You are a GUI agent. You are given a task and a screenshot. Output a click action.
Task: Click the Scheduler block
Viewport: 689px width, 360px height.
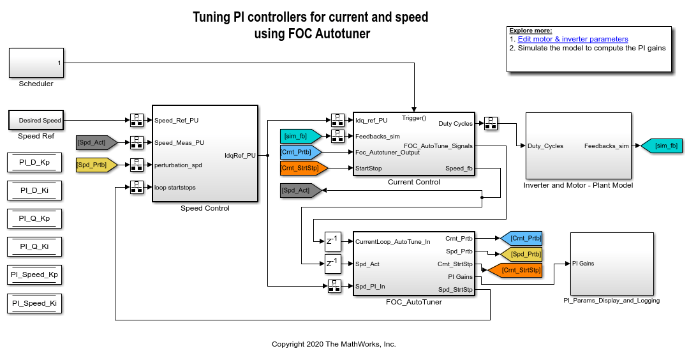point(36,63)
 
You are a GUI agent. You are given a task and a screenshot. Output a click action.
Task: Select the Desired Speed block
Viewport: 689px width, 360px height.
point(36,120)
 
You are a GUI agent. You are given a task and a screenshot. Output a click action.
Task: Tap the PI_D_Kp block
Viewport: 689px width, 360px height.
point(34,163)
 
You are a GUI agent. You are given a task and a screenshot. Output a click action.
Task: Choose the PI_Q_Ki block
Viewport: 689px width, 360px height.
point(34,246)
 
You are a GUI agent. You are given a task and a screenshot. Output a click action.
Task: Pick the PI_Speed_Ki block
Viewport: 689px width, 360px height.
point(34,303)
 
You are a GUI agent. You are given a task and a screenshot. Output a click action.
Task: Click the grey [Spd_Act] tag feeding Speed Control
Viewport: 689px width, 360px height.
point(95,142)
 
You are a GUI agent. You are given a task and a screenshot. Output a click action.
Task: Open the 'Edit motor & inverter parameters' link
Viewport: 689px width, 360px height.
point(573,39)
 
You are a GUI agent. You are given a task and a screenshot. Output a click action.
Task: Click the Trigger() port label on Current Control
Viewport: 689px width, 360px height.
point(414,118)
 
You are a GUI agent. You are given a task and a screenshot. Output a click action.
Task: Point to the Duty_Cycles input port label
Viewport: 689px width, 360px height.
point(545,146)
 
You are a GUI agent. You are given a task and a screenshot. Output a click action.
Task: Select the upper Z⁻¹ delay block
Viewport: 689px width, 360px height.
point(333,241)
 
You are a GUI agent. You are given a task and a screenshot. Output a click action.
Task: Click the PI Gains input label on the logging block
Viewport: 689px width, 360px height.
point(583,263)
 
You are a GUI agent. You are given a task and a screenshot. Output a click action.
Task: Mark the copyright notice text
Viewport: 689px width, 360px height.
point(334,344)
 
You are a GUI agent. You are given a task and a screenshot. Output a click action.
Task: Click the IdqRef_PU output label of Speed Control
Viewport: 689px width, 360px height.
point(240,155)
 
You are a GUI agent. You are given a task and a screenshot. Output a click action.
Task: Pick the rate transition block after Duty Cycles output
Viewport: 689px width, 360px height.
point(490,123)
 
